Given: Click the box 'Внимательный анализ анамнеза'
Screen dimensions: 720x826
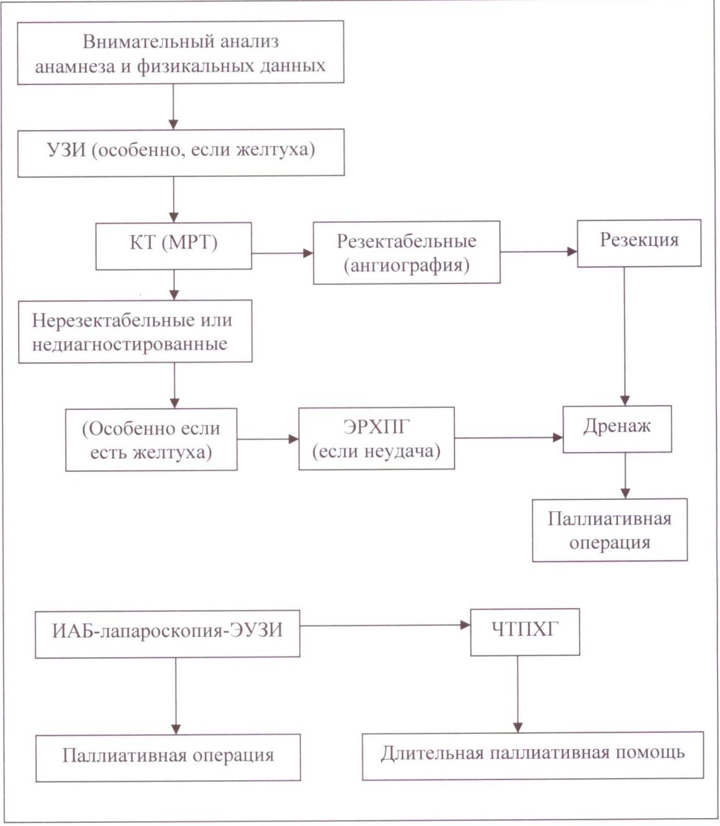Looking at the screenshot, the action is (180, 53).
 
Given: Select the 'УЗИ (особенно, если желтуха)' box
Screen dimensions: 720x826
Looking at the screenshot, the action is (181, 153).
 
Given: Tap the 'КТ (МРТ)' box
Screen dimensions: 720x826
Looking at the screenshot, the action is (173, 246).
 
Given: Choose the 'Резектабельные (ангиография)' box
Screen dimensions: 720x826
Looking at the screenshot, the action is (407, 252).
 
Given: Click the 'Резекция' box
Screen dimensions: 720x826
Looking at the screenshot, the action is (639, 243).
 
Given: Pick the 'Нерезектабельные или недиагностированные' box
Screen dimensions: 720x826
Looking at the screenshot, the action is (135, 332).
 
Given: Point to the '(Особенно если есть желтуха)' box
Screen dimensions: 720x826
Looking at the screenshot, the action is (151, 440).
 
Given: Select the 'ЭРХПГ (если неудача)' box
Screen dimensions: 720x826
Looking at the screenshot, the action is (376, 438).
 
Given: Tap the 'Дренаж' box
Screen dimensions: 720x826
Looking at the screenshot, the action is (617, 429).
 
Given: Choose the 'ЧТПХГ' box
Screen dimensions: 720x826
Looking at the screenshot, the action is (524, 632).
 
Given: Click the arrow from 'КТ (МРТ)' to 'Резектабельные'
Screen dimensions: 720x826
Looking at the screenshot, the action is (282, 253).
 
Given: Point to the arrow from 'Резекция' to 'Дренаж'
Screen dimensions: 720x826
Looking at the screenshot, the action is (624, 336).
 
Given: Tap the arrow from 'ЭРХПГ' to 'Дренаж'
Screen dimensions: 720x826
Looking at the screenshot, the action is (508, 438).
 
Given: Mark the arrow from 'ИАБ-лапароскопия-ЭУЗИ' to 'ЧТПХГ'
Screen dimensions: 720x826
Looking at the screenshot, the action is (385, 625).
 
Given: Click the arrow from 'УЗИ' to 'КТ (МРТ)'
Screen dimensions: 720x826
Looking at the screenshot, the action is (173, 199).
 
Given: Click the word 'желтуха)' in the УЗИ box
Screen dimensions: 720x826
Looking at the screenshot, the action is (276, 150).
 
